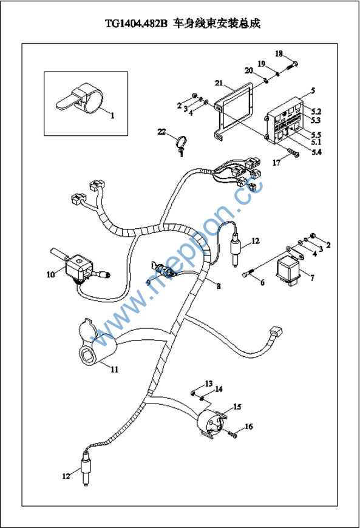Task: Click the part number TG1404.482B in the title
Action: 136,24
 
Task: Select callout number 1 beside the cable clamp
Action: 112,115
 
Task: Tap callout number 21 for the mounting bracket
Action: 219,83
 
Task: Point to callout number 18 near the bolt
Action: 279,53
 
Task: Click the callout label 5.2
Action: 316,112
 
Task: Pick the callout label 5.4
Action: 316,152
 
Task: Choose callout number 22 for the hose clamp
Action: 161,132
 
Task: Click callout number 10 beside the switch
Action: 50,275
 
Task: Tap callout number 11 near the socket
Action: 115,370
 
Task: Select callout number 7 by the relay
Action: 313,278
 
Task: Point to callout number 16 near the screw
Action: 248,427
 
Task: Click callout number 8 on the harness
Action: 219,286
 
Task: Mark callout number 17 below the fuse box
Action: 276,163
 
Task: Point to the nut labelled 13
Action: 193,393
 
